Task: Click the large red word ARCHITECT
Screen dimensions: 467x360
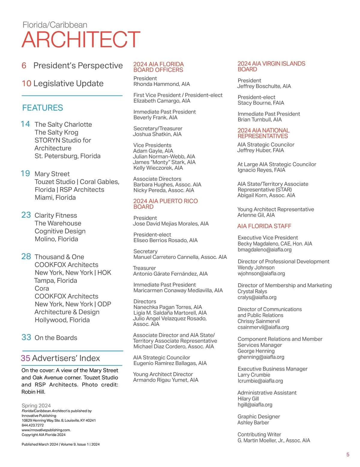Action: point(81,39)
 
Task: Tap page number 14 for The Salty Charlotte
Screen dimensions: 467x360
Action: point(25,124)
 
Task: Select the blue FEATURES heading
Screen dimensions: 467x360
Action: point(43,108)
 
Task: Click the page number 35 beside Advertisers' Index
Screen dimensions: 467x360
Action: point(25,358)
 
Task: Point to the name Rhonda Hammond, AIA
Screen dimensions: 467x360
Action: point(161,84)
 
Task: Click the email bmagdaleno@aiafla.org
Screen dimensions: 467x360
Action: point(264,250)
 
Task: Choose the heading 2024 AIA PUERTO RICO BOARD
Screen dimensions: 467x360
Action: point(165,204)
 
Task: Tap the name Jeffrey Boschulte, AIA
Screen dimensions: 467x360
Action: point(264,86)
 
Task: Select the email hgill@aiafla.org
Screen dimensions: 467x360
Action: point(255,405)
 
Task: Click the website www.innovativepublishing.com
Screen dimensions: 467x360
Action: point(46,430)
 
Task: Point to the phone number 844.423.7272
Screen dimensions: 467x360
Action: point(32,425)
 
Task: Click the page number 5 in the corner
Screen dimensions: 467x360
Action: point(348,455)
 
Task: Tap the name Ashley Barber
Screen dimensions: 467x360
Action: point(253,423)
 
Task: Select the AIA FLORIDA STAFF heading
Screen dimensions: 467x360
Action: point(264,226)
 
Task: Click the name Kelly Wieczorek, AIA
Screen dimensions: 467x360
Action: point(158,168)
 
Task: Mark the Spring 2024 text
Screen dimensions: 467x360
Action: point(36,406)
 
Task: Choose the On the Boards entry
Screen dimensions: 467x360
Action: point(56,338)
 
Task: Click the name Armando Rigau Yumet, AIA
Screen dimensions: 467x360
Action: point(166,380)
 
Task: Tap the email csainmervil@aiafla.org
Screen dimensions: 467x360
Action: point(263,327)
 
